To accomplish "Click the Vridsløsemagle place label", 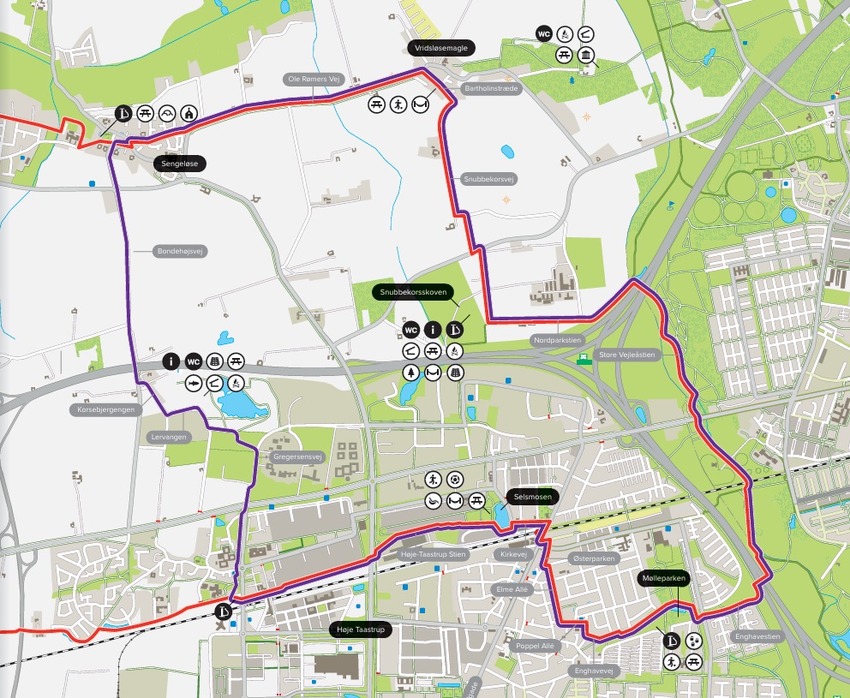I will click(x=440, y=49).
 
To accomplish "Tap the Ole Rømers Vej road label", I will click(x=314, y=79).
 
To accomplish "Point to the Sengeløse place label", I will click(x=180, y=162).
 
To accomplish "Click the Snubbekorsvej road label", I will click(x=488, y=179).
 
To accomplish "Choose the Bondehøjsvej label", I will click(x=182, y=252).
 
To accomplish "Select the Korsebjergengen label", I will click(x=105, y=410).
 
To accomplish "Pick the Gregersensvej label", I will click(x=296, y=457).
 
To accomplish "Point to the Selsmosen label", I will click(x=531, y=497).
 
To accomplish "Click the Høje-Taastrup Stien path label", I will click(x=434, y=555).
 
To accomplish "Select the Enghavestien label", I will click(x=757, y=636).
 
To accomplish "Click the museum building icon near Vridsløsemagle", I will click(x=586, y=56).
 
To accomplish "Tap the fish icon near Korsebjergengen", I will click(x=193, y=381).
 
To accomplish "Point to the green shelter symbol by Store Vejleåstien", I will click(x=584, y=358).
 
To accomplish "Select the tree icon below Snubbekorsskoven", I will click(x=410, y=373).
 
